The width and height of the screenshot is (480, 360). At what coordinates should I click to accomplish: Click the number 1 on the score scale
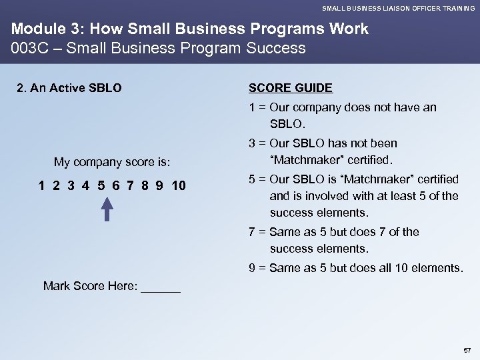42,185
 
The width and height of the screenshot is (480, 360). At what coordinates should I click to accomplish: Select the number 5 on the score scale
100,185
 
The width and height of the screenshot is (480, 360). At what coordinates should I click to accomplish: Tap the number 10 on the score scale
179,185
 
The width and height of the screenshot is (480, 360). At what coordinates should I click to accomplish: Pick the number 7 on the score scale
129,185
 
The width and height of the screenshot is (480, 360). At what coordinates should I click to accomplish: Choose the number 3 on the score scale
71,185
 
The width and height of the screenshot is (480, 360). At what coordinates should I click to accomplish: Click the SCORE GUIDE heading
291,89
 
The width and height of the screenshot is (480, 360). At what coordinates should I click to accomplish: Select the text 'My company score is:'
113,162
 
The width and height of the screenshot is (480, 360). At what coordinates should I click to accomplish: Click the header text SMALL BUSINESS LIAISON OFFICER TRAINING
399,8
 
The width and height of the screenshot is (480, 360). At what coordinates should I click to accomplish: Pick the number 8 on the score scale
143,185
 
